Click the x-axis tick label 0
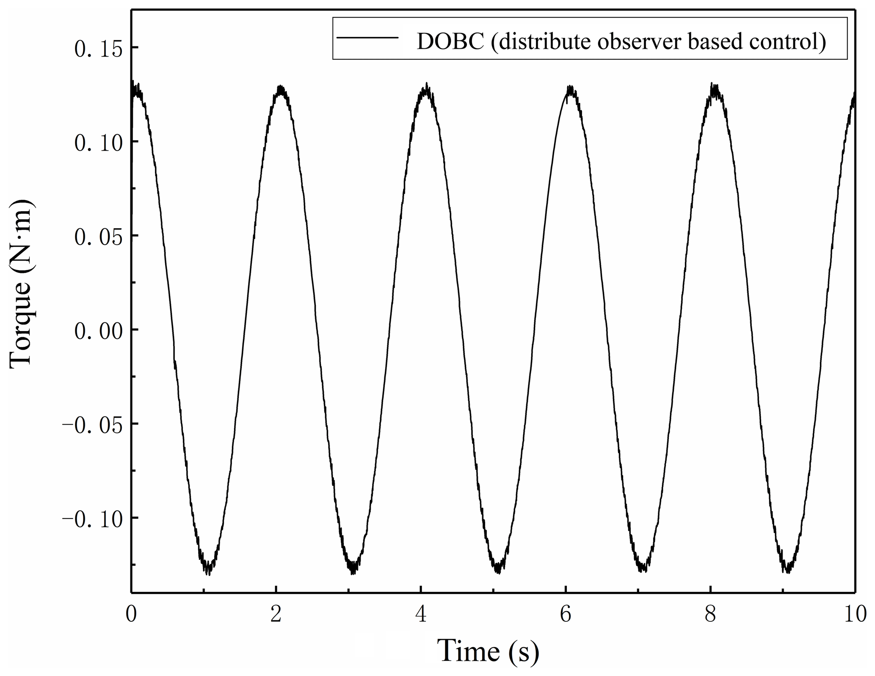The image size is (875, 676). pyautogui.click(x=131, y=614)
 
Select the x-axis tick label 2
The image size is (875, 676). pyautogui.click(x=276, y=614)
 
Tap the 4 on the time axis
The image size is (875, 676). pyautogui.click(x=421, y=614)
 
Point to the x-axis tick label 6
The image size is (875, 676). pyautogui.click(x=566, y=614)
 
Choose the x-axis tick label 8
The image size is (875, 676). pyautogui.click(x=710, y=614)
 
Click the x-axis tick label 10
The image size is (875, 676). pyautogui.click(x=855, y=614)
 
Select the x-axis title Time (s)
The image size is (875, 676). pyautogui.click(x=488, y=651)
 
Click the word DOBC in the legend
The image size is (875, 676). pyautogui.click(x=450, y=41)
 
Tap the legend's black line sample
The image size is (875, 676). pyautogui.click(x=367, y=38)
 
